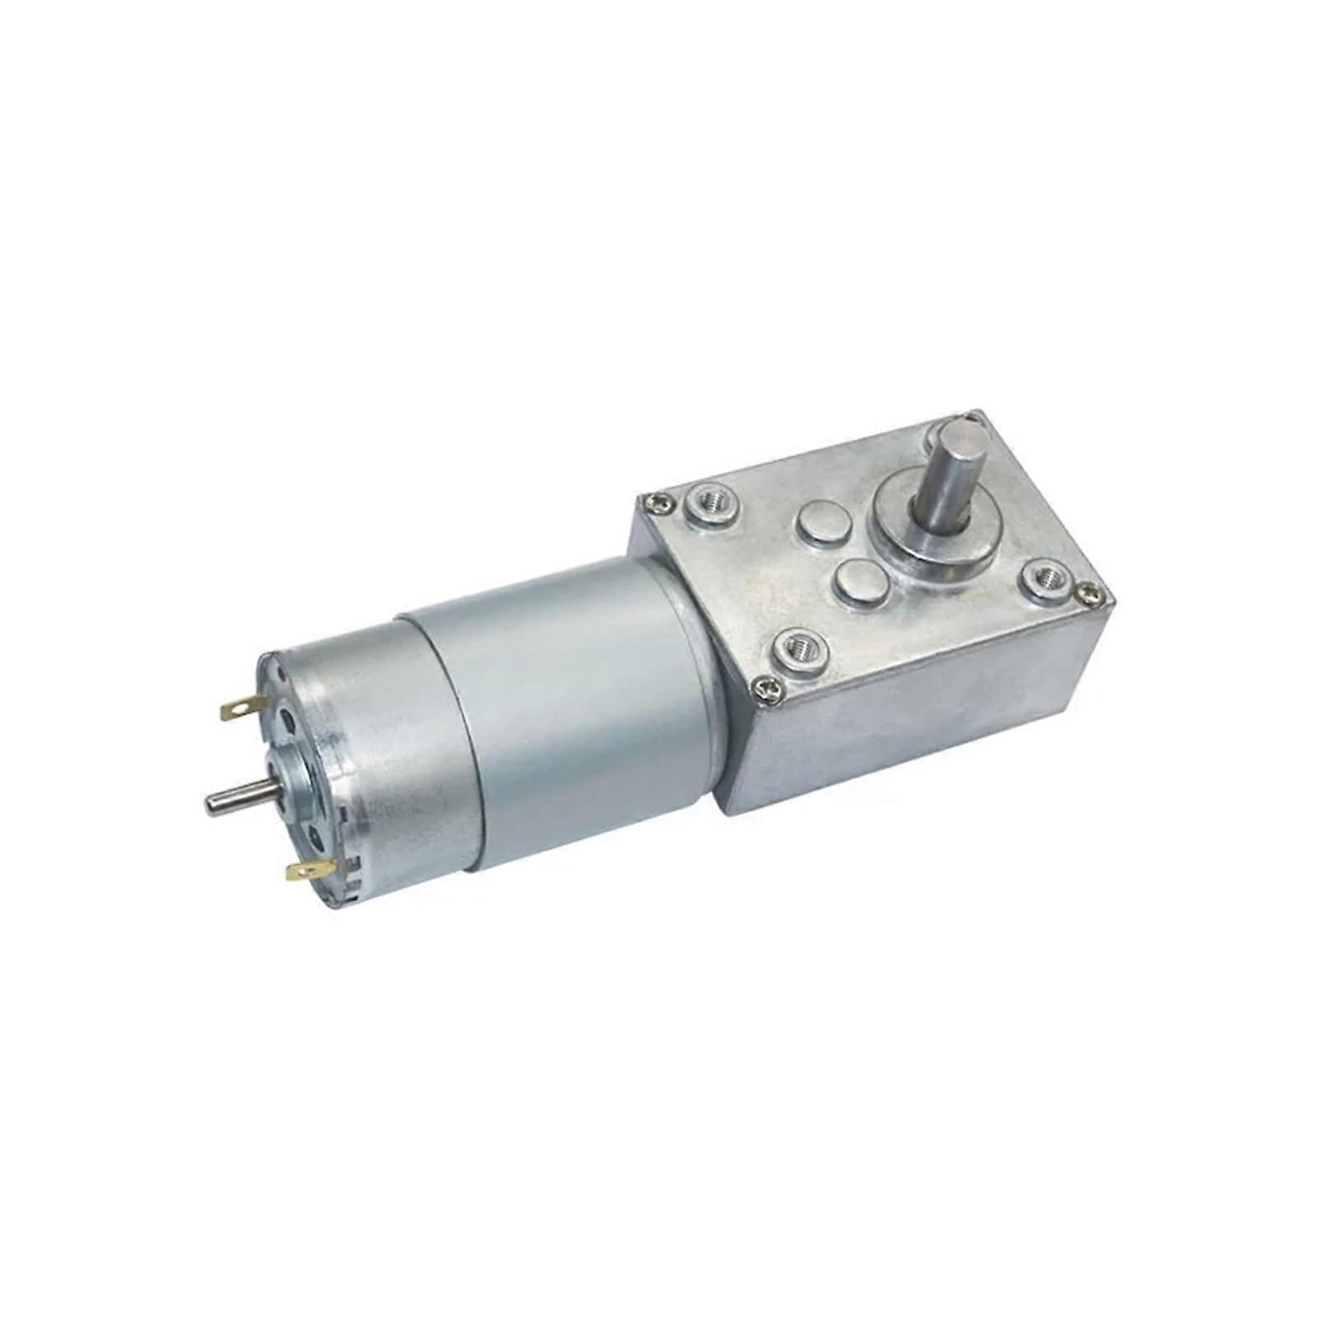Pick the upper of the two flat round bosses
tap(820, 526)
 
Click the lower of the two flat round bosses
tap(857, 581)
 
